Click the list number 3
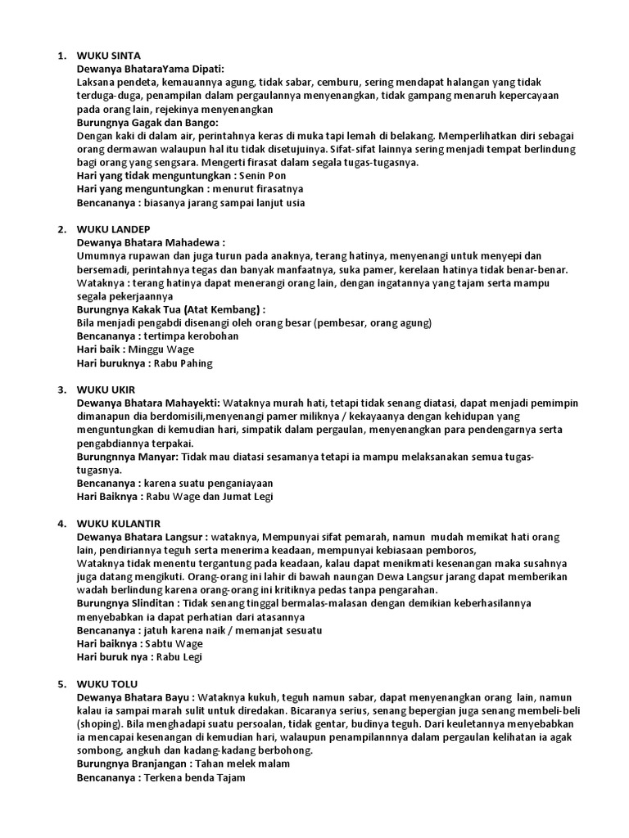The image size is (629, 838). click(61, 389)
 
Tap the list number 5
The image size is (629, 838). click(61, 683)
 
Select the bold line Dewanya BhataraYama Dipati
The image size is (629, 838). click(151, 69)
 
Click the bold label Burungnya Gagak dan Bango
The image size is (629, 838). click(142, 122)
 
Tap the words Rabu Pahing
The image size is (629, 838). click(180, 363)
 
